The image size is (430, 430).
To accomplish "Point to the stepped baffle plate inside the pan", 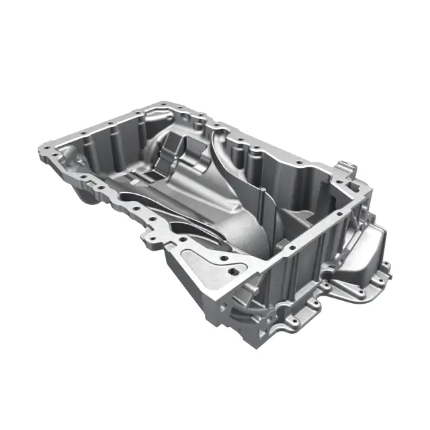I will point(172,156).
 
